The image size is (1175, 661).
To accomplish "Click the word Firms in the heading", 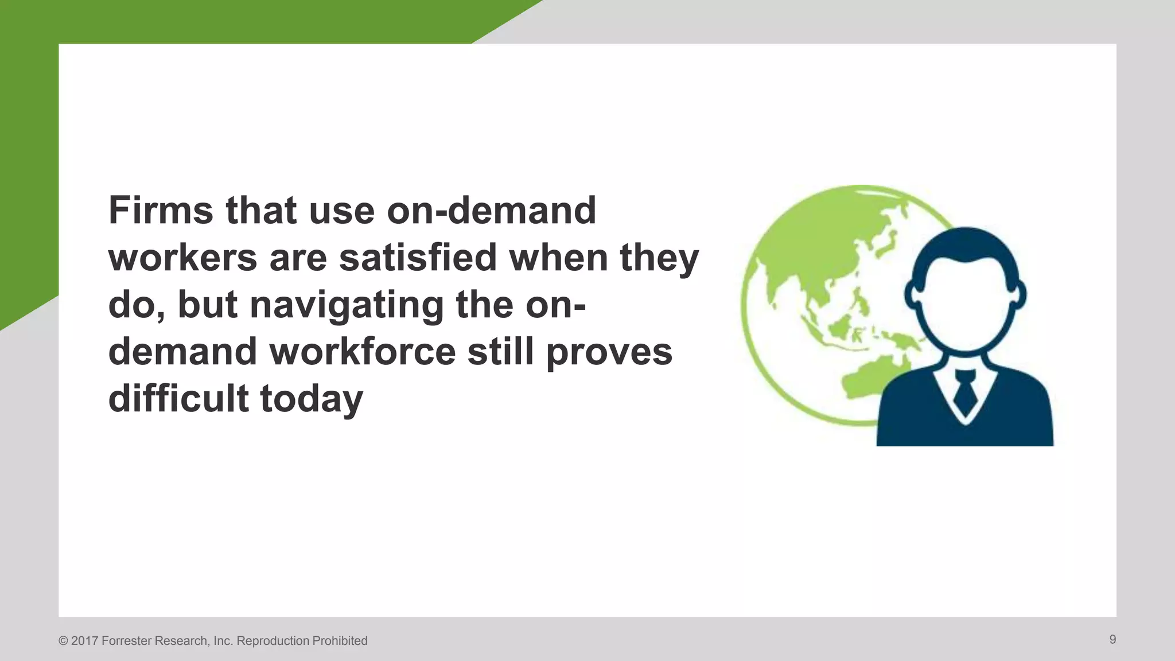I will (161, 211).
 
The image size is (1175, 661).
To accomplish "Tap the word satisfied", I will (417, 258).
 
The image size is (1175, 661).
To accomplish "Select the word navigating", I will (347, 305).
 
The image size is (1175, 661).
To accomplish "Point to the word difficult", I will (178, 398).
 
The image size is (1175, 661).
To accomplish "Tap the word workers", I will (182, 258).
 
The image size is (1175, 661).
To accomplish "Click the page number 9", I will (1112, 640).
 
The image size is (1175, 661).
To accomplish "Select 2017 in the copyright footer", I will (85, 641).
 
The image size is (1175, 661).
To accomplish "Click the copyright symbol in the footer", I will (63, 641).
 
